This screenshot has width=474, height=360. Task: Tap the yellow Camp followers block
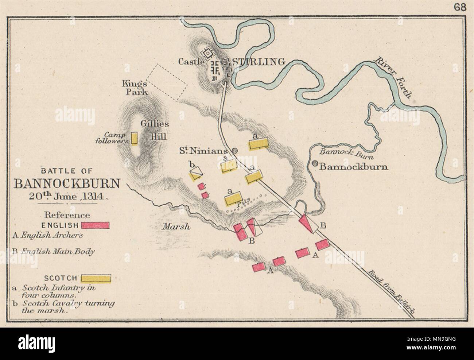[x=135, y=139]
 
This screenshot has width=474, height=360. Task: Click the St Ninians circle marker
[x=235, y=150]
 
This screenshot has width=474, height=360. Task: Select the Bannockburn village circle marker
[x=313, y=164]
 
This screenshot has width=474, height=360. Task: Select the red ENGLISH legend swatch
[x=96, y=225]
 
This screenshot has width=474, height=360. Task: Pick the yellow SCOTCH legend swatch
[x=96, y=278]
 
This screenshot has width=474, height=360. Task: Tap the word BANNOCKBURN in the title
[x=66, y=183]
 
